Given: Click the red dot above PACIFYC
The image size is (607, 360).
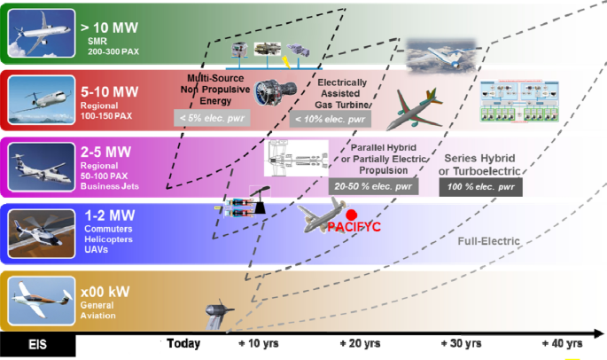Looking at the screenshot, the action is (352, 215).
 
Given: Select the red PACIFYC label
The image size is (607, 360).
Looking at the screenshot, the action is (354, 227).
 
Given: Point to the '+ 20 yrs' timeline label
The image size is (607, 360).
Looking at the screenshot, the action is (361, 343).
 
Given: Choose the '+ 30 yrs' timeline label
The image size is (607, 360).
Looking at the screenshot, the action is (461, 343).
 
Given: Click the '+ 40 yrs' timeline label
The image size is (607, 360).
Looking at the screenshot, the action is (562, 343).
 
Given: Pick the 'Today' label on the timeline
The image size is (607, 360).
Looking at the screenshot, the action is (183, 343).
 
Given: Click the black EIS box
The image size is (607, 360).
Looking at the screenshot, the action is (37, 344).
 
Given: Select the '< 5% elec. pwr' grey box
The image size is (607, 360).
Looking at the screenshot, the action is (212, 117).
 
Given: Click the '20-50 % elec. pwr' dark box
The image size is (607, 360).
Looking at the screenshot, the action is (373, 187).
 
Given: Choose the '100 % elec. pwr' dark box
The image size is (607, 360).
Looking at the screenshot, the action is (481, 187).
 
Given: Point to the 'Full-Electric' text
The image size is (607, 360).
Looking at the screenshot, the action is (488, 241).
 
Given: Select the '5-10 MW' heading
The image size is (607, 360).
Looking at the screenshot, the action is (109, 90).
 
